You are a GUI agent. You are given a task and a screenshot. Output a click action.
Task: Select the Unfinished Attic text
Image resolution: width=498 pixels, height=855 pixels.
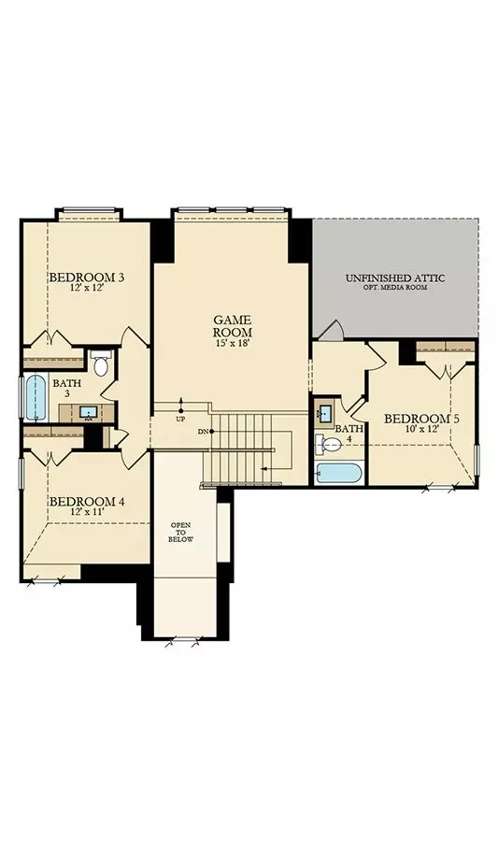395,278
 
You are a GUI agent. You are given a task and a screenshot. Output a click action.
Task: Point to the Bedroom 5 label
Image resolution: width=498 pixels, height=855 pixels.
423,419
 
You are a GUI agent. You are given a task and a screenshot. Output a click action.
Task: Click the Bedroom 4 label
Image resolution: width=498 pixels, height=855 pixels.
88,501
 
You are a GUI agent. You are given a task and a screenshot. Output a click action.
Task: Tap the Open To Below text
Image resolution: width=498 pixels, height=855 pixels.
183,538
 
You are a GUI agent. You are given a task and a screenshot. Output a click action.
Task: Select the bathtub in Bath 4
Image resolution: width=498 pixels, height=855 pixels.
337,472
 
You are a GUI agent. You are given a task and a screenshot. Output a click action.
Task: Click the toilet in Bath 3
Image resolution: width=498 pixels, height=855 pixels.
102,363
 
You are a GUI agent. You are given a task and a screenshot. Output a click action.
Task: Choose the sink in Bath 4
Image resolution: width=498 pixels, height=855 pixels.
325,411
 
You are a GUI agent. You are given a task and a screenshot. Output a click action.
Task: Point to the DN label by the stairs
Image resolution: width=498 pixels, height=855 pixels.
204,431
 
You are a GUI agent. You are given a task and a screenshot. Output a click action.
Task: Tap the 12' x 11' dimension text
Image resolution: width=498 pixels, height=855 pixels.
88,514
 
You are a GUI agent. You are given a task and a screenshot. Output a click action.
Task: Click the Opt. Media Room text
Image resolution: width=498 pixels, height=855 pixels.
395,289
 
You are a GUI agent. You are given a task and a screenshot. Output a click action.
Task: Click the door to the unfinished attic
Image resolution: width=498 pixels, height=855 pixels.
332,331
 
